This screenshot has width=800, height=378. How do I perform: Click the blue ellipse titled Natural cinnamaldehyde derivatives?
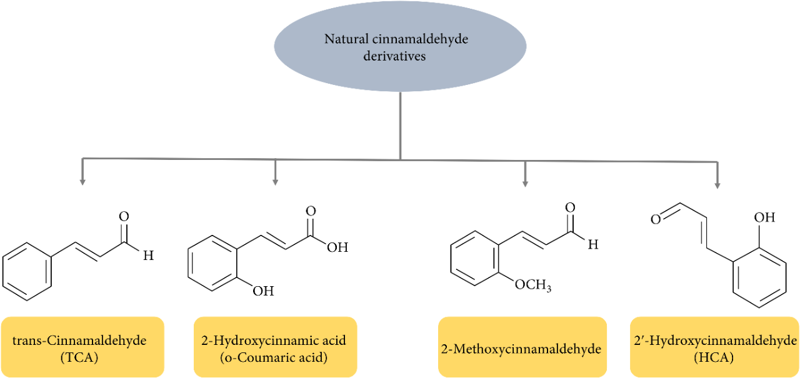point(400,47)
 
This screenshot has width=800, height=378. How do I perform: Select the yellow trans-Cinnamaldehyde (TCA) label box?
point(82,347)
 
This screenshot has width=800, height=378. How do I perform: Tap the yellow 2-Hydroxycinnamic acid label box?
point(275,347)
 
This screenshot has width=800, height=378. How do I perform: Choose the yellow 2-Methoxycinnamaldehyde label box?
point(522,347)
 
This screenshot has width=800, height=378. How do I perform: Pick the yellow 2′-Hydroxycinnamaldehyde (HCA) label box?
point(714,347)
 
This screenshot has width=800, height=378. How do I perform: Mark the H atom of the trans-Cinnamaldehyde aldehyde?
point(147,256)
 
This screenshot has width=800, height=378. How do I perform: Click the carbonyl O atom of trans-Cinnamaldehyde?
point(124,217)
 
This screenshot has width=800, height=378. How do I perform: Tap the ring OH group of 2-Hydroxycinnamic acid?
point(262,291)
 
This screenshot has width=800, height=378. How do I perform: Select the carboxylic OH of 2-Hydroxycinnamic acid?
point(337,247)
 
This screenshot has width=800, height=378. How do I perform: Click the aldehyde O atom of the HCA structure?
point(656,219)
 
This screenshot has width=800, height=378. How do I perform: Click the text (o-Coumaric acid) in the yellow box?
point(275,358)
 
